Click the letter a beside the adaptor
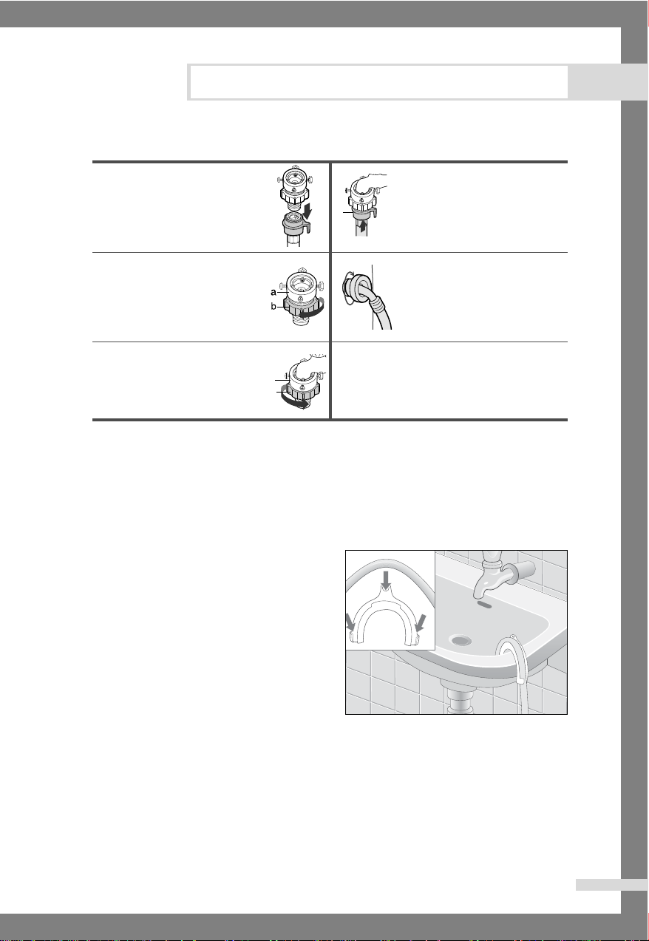coord(273,292)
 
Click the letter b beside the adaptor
coord(273,307)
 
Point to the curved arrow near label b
coord(313,309)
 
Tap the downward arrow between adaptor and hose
coord(308,210)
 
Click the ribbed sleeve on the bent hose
coord(376,302)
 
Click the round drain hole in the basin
coord(460,641)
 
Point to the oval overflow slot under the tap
coord(484,604)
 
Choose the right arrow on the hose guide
coord(421,622)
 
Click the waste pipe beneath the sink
coord(457,698)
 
